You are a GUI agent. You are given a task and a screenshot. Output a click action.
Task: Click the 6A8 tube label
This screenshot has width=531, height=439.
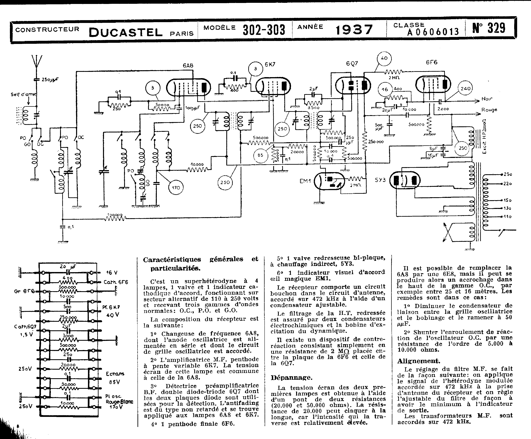(x=188, y=66)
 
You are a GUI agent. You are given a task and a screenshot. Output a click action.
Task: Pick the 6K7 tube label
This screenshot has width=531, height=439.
(x=270, y=64)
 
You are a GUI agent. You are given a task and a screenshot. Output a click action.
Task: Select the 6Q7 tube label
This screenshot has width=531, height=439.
(x=352, y=63)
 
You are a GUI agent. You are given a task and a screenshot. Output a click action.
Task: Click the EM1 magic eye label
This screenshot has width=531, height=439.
(x=305, y=181)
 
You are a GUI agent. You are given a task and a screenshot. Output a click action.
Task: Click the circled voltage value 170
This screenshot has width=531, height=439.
(x=176, y=187)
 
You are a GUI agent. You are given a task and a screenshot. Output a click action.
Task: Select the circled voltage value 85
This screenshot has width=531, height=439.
(x=260, y=155)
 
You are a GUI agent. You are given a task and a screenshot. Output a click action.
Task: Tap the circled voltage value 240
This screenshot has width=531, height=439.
(x=465, y=89)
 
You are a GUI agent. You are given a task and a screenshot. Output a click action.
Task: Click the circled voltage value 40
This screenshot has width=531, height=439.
(x=384, y=58)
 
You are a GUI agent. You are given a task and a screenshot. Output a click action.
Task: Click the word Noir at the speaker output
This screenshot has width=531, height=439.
(x=487, y=99)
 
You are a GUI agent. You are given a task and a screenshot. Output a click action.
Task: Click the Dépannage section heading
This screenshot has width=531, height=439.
(x=291, y=378)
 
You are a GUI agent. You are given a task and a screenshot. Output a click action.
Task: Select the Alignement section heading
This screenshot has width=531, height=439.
(x=418, y=361)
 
